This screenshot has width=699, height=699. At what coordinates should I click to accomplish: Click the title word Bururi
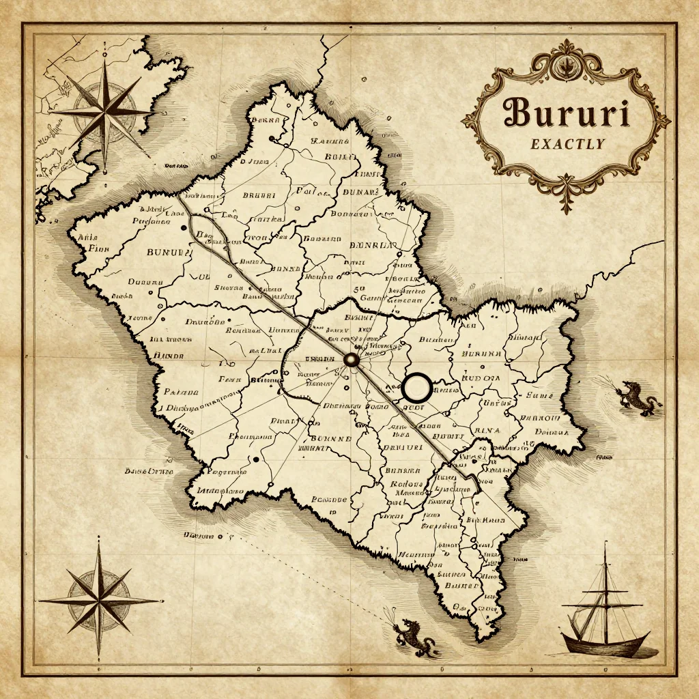coord(565,113)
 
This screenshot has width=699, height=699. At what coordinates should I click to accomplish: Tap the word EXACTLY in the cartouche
coord(566,144)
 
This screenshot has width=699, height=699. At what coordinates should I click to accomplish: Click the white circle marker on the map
coord(416,387)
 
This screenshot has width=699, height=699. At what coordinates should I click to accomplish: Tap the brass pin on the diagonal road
coord(352,360)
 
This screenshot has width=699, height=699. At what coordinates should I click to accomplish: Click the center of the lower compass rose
coord(99,600)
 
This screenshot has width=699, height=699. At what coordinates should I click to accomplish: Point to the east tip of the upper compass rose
coord(154,111)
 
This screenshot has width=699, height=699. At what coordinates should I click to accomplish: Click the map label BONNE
coord(331,438)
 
